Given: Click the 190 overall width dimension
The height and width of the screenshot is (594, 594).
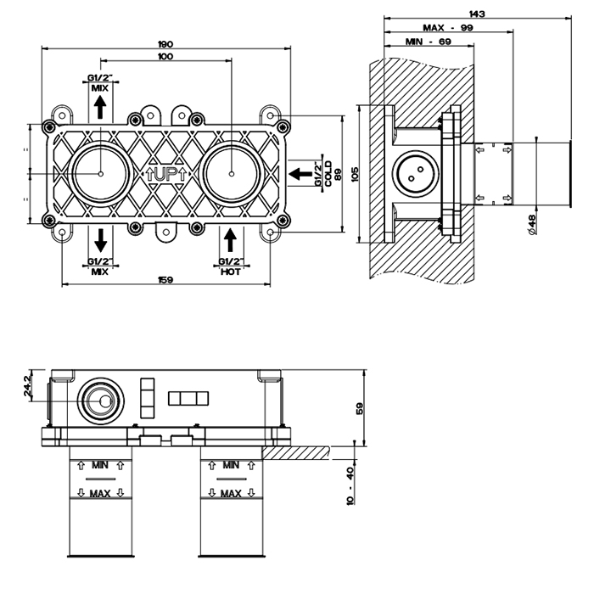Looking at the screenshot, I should tap(165, 44).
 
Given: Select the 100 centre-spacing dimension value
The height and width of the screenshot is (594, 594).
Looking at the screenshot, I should tap(165, 57).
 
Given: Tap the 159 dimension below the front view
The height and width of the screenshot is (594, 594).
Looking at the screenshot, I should tap(165, 281).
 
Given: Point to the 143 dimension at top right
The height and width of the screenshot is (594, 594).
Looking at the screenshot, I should tap(477, 14).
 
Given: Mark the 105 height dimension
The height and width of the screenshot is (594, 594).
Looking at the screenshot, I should tap(356, 175).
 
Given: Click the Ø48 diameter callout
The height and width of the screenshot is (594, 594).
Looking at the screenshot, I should tap(532, 222).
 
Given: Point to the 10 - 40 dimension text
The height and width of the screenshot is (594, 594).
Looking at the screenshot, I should tap(350, 485).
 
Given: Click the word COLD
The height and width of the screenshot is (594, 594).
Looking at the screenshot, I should tap(328, 175).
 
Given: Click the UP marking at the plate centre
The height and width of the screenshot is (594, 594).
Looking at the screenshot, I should tap(166, 174).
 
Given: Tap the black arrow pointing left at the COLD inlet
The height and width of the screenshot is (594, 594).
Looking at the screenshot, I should tap(300, 174).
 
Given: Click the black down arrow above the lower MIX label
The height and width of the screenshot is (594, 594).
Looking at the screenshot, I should tap(99, 238).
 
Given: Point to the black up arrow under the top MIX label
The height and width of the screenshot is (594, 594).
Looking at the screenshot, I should tap(99, 107).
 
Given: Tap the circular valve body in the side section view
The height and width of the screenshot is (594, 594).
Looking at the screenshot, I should tap(415, 173).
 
